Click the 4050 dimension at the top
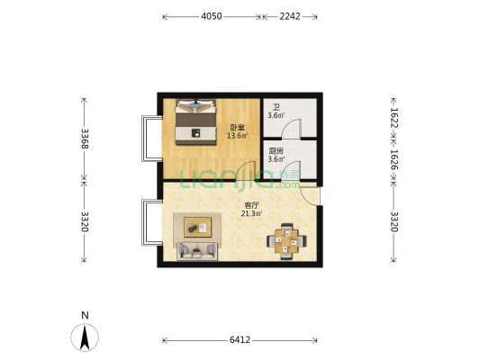[x=212, y=16]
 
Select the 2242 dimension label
[x=290, y=16]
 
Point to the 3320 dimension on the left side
[x=84, y=220]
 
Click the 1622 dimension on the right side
[x=394, y=117]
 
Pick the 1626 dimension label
[x=394, y=160]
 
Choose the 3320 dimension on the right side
[x=394, y=220]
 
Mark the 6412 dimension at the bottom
[x=240, y=340]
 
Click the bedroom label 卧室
[x=237, y=127]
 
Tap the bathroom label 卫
[x=276, y=107]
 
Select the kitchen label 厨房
[x=276, y=151]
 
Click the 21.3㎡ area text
[x=252, y=214]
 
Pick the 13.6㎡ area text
[x=237, y=136]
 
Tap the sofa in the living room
[x=195, y=251]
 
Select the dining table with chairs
[x=286, y=240]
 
